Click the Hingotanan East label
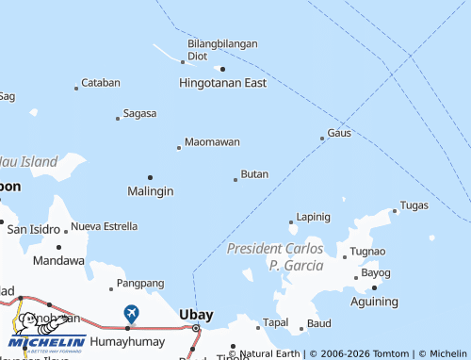(222, 83)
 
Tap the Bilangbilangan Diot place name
(222, 49)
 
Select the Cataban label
(101, 83)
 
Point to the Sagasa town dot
(118, 118)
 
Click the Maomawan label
(212, 142)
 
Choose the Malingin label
(150, 191)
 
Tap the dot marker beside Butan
(235, 179)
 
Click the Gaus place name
(339, 133)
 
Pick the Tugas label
(414, 205)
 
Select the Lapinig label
(313, 217)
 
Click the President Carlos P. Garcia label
(275, 256)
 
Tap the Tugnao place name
(367, 252)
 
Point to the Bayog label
(376, 273)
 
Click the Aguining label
(374, 302)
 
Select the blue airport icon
(131, 312)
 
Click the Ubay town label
(196, 314)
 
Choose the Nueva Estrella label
(104, 226)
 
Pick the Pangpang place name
(141, 283)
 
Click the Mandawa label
(58, 259)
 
